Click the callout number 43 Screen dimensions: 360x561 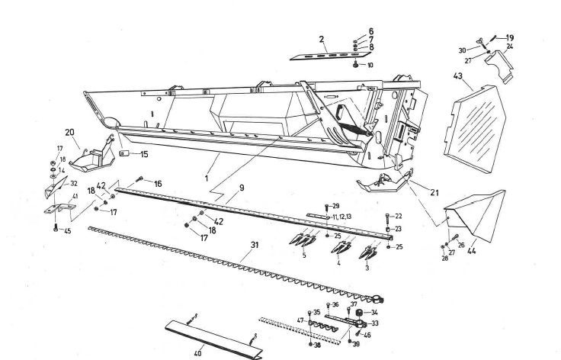(x=459, y=78)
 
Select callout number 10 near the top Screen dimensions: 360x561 (x=370, y=66)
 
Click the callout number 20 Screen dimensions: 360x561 (x=69, y=131)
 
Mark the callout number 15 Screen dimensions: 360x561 (x=143, y=155)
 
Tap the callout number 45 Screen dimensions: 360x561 (x=67, y=231)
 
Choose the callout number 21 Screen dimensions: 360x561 (x=433, y=193)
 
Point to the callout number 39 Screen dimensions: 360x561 (x=356, y=344)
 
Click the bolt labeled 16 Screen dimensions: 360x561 (x=139, y=182)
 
